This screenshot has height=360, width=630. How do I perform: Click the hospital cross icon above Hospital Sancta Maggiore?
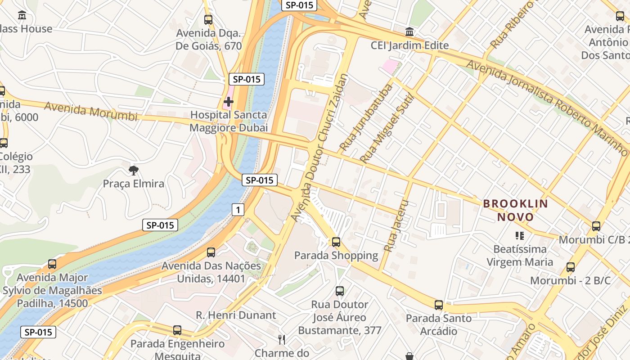coord(229,102)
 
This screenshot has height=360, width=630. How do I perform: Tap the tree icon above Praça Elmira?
coord(133,170)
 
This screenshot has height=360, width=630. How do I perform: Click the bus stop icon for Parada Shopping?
coord(336,242)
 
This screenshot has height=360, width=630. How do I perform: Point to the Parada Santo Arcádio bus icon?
coord(439,305)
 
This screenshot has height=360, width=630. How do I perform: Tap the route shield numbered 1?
coord(238,209)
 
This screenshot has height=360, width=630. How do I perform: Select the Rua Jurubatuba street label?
coord(366,117)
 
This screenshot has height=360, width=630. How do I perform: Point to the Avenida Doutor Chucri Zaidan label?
coord(320,148)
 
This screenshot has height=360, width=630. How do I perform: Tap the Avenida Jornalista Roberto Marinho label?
coord(547,108)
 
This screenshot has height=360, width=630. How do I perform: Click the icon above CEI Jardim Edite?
coord(409,32)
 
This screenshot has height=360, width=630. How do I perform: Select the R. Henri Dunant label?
coord(236,315)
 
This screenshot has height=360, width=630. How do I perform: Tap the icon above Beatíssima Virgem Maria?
coord(520,235)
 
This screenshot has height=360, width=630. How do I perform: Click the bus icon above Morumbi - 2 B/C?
coord(571,267)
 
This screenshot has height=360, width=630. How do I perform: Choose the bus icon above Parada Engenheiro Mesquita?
coord(177,330)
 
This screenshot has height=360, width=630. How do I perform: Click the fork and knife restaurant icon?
coord(282,339)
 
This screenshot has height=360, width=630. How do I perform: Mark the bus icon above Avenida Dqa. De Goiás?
coord(208,20)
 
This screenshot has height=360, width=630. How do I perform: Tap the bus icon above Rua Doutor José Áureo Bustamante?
coord(340,291)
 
